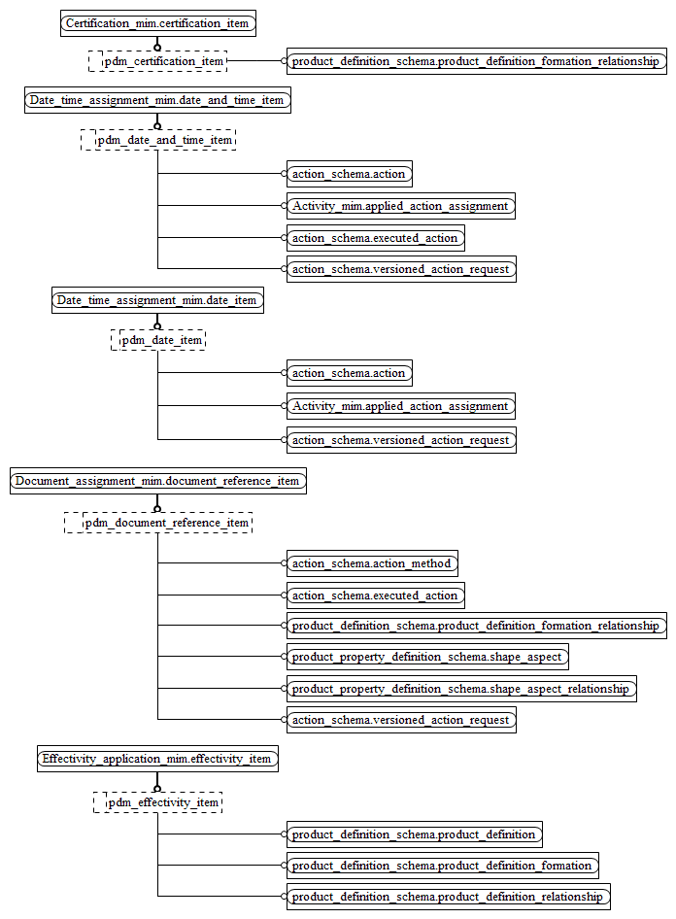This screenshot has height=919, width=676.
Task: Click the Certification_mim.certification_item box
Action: [157, 22]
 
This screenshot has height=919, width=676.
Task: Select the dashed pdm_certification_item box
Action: [157, 61]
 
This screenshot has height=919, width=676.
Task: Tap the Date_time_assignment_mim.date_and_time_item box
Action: [156, 100]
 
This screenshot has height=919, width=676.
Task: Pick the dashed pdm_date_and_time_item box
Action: [157, 140]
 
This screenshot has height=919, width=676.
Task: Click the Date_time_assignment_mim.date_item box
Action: [156, 300]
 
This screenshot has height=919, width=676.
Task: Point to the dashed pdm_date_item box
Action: [157, 340]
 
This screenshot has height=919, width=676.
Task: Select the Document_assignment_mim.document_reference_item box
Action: [157, 481]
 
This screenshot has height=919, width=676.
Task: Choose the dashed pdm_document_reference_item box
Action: [157, 523]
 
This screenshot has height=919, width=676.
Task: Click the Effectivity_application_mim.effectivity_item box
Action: [157, 759]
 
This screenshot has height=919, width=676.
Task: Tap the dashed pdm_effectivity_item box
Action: [157, 802]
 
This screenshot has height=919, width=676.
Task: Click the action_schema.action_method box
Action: [372, 563]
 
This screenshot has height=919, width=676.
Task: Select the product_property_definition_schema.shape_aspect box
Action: [427, 657]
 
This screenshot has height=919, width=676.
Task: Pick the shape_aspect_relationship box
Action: [461, 689]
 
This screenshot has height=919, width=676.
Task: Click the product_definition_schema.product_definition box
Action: [414, 834]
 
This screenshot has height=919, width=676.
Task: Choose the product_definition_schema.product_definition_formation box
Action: [442, 866]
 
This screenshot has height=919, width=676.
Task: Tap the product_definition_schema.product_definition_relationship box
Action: [449, 897]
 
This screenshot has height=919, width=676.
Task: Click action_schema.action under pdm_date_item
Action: [349, 373]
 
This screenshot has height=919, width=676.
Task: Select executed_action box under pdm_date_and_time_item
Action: [375, 238]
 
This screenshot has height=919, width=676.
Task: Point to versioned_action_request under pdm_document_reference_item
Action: [401, 720]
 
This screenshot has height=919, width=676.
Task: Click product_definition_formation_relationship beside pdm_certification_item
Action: [476, 61]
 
